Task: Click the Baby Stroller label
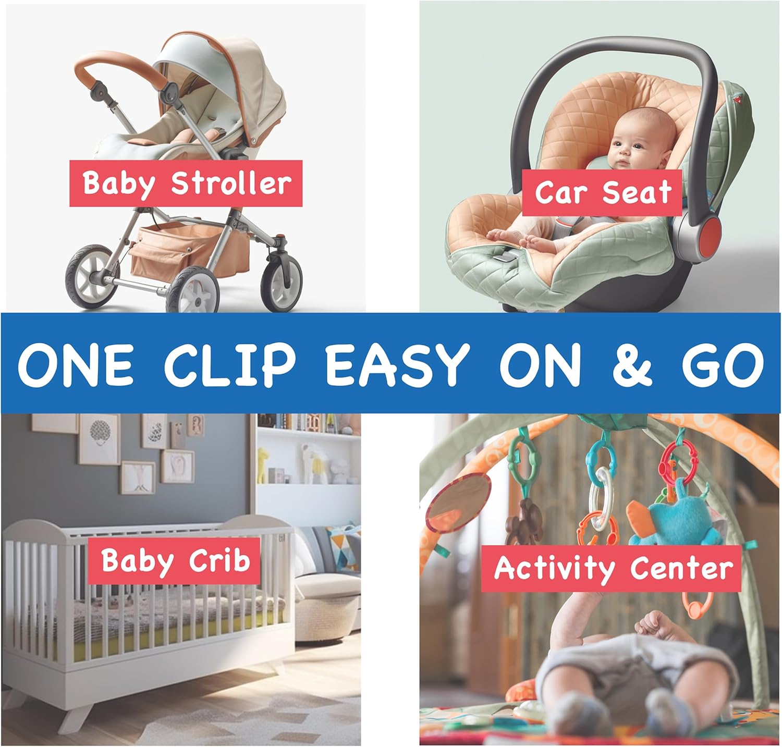pyautogui.click(x=186, y=183)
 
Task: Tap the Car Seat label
pyautogui.click(x=602, y=192)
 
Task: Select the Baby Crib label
pyautogui.click(x=175, y=561)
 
